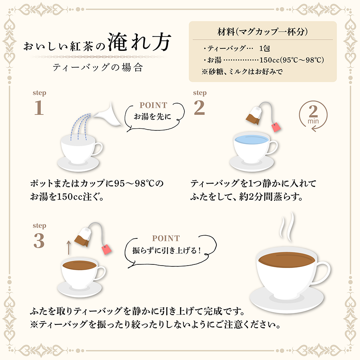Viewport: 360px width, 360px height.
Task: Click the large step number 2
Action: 199,108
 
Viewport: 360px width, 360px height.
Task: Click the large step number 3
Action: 39,241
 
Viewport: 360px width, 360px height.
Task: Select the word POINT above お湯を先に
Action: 153,105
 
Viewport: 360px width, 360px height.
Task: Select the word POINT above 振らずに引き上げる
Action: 166,238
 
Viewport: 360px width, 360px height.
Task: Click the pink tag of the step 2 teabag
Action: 276,127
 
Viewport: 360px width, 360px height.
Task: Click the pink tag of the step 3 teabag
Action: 107,249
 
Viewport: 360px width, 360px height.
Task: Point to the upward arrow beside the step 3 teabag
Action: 68,248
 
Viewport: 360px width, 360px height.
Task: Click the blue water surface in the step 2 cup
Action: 252,139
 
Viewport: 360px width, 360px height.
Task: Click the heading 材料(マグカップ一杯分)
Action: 262,32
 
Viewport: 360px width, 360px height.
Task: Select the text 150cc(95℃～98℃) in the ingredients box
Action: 292,60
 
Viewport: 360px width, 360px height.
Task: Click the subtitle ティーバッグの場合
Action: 98,68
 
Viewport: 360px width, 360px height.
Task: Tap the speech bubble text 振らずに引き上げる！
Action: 167,250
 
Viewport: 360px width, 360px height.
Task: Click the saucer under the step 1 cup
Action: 78,164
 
